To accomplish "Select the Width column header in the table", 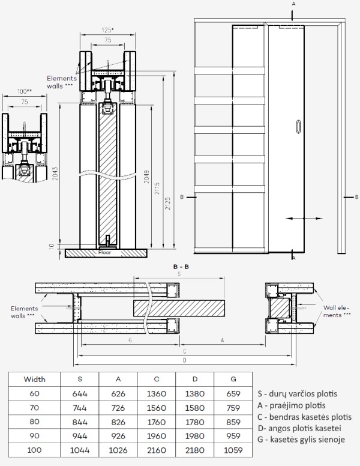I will tap(34, 379).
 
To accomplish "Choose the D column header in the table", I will tap(194, 379).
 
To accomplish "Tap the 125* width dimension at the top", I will tap(109, 29).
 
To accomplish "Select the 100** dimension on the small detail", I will tap(25, 92).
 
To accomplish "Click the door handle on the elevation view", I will tap(300, 127).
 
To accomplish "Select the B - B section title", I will tap(181, 265).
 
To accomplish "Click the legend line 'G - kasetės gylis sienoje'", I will tap(302, 440).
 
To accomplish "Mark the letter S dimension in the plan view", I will tap(180, 274).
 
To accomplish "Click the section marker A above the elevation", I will tap(293, 4).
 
